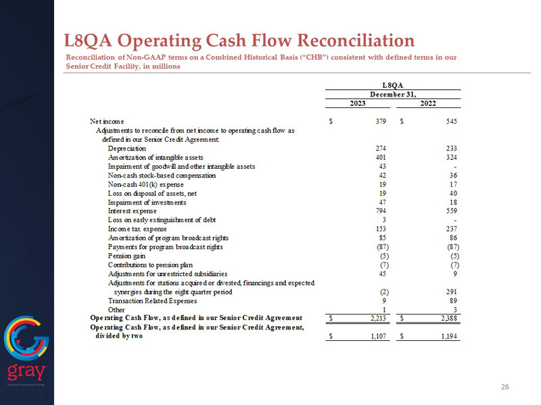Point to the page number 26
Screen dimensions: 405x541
coord(504,387)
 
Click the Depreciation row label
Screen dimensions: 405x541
coord(126,148)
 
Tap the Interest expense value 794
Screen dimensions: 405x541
coord(380,211)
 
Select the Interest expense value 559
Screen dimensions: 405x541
coord(452,211)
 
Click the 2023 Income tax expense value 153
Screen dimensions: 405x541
coord(380,229)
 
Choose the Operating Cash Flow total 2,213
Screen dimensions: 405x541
coord(376,318)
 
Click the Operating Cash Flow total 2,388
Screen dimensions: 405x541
coord(448,318)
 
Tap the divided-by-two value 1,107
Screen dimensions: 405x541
coord(376,336)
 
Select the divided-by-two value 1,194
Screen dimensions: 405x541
coord(448,336)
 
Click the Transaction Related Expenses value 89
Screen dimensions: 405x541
coord(454,300)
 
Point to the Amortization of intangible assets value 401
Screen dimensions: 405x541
coord(380,157)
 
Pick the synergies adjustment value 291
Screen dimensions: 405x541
coord(452,292)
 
